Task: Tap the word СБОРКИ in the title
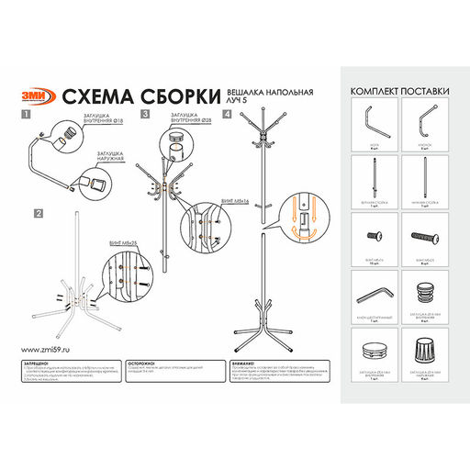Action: tap(180, 97)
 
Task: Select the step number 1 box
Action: tap(26, 115)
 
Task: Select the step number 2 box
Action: tap(39, 212)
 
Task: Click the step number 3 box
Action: tap(145, 115)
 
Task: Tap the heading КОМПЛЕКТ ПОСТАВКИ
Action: tap(398, 91)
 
